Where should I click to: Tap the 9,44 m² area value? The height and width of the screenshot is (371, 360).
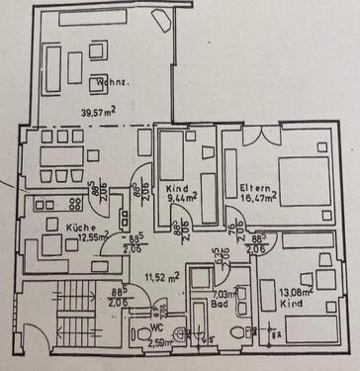tap(180, 197)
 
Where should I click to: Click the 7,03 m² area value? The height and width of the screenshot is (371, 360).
tap(220, 294)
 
